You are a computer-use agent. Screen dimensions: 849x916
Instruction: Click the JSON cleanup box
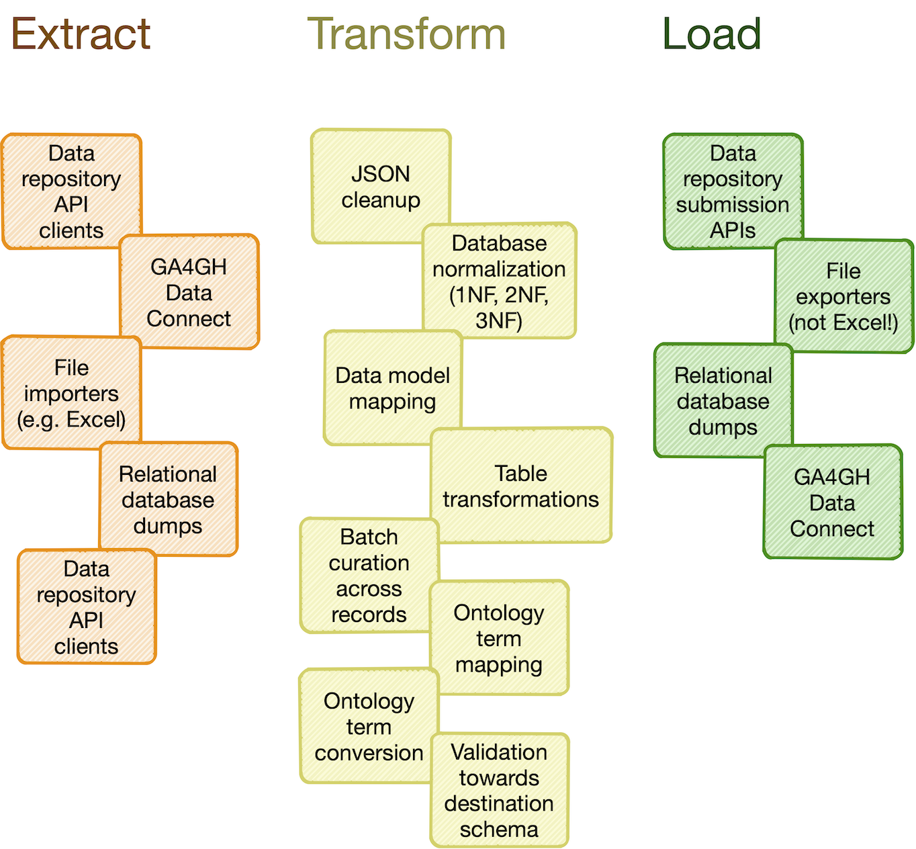coord(380,187)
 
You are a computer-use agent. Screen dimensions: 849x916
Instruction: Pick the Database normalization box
coord(499,281)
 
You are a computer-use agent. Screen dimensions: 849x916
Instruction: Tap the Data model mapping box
coord(392,388)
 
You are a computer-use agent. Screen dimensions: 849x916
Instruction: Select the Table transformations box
coord(520,486)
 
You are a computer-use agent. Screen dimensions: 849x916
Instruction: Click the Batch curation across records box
coord(369,575)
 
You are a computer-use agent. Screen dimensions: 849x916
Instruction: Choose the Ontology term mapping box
coord(499,638)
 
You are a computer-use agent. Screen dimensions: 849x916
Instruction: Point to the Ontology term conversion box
coord(369,727)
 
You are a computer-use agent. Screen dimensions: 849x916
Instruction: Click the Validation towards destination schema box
coord(499,790)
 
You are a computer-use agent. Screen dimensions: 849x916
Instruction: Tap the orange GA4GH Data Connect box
coord(189,292)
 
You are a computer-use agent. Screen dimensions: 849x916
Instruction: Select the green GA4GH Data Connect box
coord(832,502)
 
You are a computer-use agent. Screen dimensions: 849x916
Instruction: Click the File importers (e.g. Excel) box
coord(71,394)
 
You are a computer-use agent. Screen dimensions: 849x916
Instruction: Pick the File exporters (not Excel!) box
coord(843,296)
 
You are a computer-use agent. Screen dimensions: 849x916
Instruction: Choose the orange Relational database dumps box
coord(168,500)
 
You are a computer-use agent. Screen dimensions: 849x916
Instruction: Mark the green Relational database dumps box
coord(723,401)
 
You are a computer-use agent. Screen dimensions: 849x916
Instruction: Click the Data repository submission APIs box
coord(733,191)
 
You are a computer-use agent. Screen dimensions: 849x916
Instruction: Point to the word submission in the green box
coord(733,205)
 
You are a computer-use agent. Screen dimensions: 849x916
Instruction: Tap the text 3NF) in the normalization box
coord(499,321)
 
